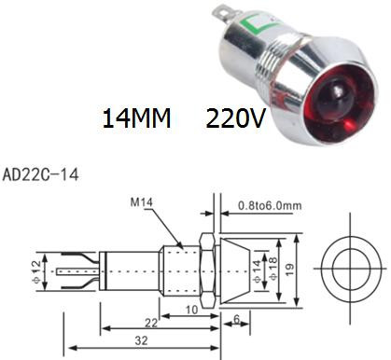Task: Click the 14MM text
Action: (x=136, y=118)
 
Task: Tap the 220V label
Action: (x=235, y=118)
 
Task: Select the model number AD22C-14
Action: (x=40, y=175)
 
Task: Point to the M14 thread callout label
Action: (x=142, y=202)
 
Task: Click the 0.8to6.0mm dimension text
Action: (x=270, y=205)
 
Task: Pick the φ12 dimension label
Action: (x=36, y=272)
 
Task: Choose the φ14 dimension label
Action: (x=257, y=271)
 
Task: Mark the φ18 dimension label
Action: (x=272, y=269)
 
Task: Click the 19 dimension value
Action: (x=289, y=270)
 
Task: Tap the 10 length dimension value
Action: (x=191, y=310)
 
